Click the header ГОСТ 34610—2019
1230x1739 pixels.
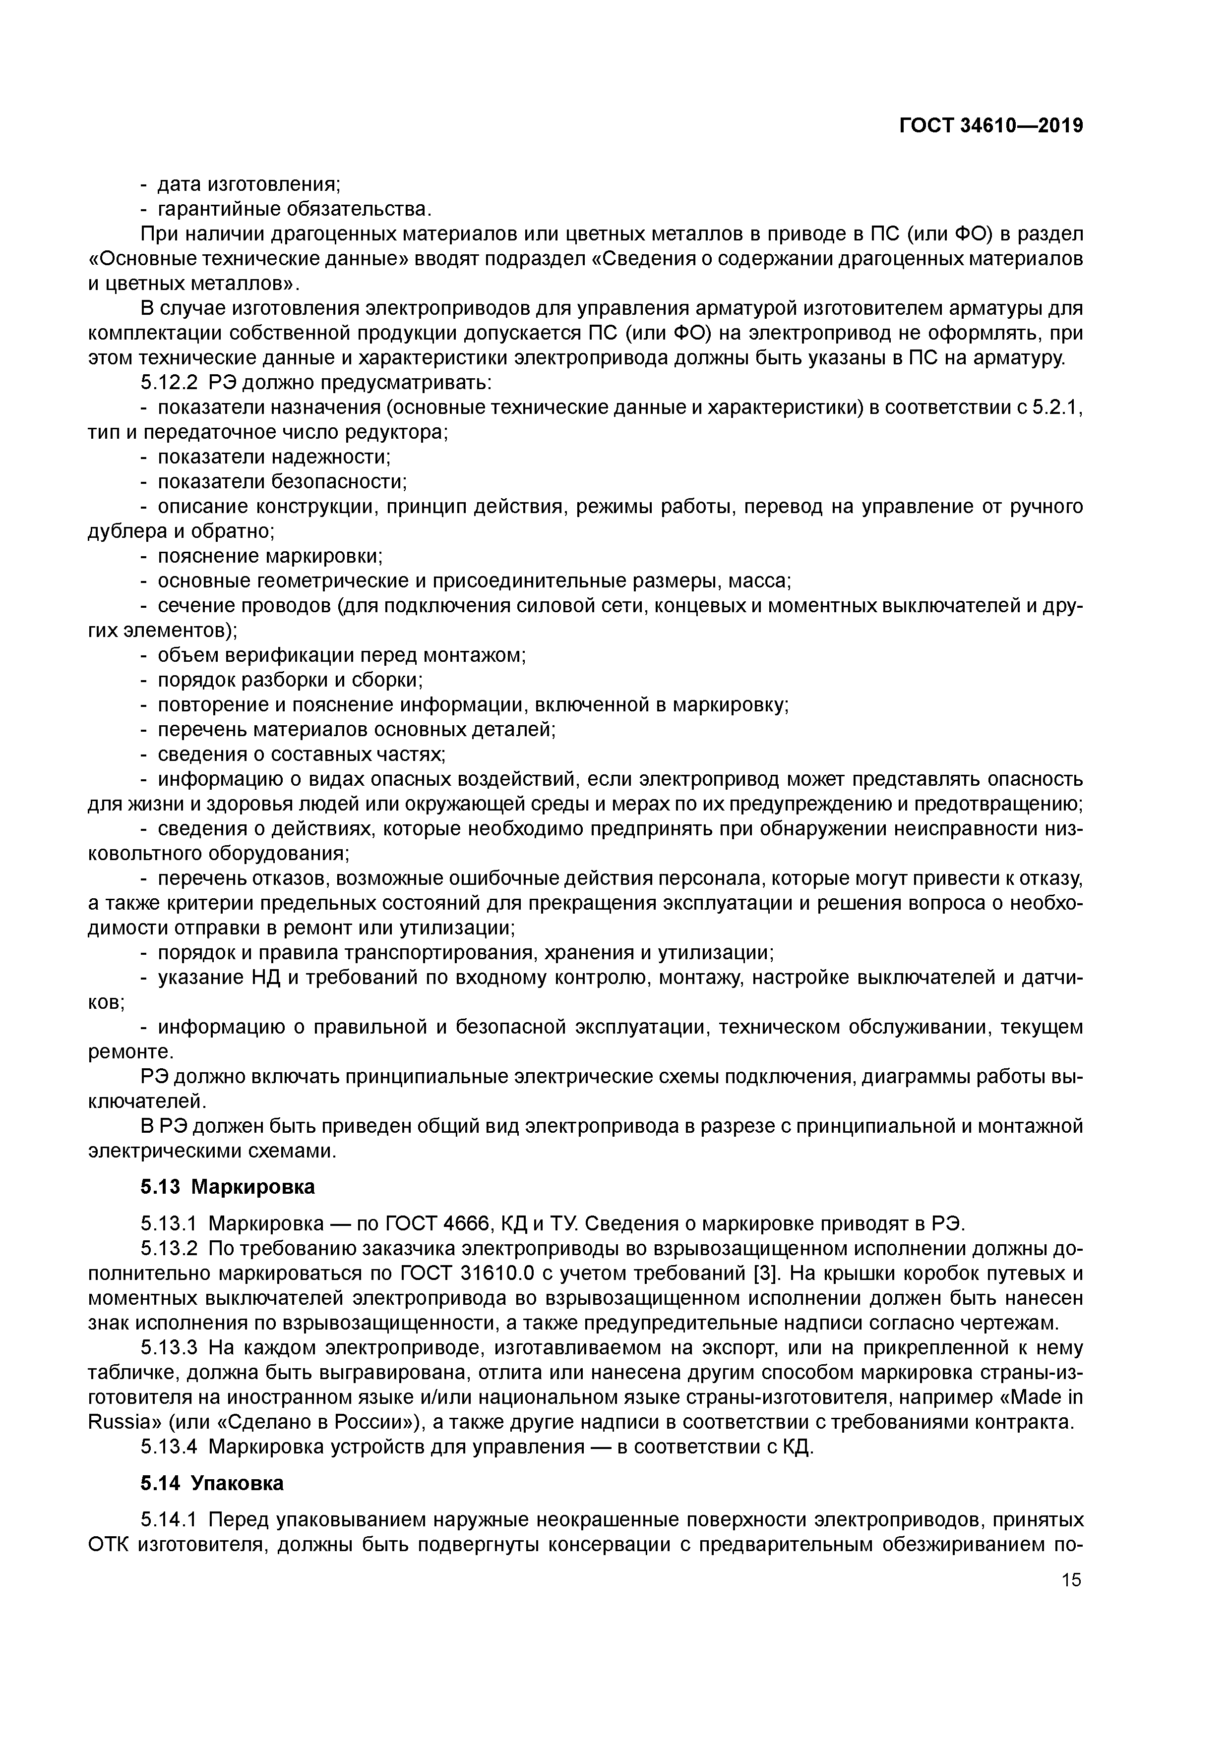point(990,126)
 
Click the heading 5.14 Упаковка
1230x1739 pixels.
point(212,1483)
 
